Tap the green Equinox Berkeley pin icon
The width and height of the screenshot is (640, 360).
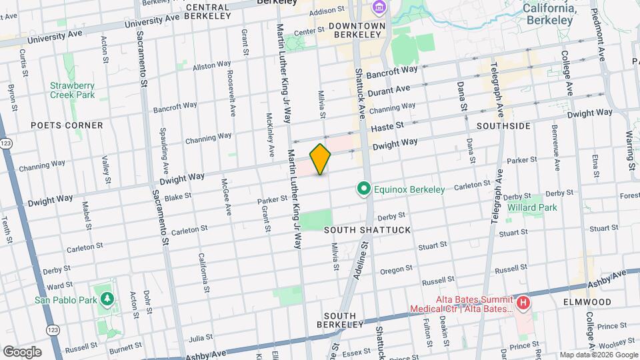pos(363,190)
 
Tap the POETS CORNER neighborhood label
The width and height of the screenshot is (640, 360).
pos(67,125)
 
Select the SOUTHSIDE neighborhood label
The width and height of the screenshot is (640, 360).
pos(503,125)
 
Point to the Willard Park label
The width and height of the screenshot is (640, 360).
pos(532,207)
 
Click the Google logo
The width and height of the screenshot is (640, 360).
pos(21,352)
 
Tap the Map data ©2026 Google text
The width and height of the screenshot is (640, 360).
pos(598,355)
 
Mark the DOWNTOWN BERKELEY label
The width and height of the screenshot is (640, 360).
pos(357,30)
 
